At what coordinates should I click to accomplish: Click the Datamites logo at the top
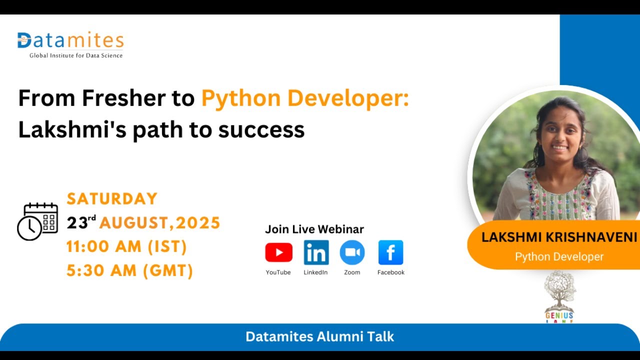pyautogui.click(x=70, y=40)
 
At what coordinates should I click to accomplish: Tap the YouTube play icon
pyautogui.click(x=278, y=252)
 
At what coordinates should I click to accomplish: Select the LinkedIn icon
pyautogui.click(x=316, y=252)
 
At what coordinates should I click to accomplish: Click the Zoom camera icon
pyautogui.click(x=352, y=252)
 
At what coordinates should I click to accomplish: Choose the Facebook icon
pyautogui.click(x=390, y=252)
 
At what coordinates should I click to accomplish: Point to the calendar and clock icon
pyautogui.click(x=37, y=221)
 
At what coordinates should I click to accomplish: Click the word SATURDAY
pyautogui.click(x=112, y=199)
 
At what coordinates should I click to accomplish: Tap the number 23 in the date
pyautogui.click(x=77, y=223)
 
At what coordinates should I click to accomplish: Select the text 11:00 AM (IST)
pyautogui.click(x=126, y=247)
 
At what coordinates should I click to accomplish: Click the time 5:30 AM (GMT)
pyautogui.click(x=129, y=271)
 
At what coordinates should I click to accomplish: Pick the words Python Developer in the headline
pyautogui.click(x=304, y=98)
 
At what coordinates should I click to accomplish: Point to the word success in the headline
pyautogui.click(x=261, y=130)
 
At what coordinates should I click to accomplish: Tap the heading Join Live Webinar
pyautogui.click(x=314, y=229)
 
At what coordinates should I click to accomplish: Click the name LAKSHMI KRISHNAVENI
pyautogui.click(x=559, y=237)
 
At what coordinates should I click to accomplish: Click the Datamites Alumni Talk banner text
pyautogui.click(x=319, y=336)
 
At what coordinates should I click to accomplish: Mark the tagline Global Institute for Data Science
pyautogui.click(x=76, y=55)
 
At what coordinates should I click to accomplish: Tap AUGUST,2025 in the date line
pyautogui.click(x=160, y=223)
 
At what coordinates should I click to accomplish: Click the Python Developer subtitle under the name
pyautogui.click(x=559, y=257)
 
